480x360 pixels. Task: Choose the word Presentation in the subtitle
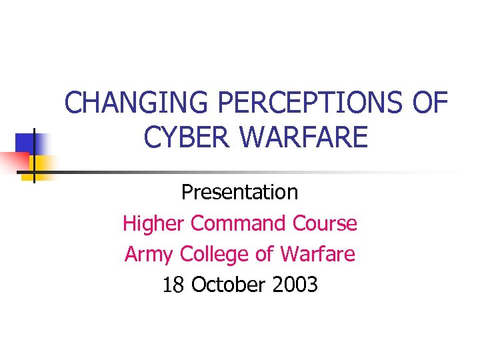click(x=240, y=193)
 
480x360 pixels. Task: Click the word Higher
click(x=154, y=223)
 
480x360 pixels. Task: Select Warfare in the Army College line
click(x=318, y=254)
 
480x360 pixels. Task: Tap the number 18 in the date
click(x=173, y=285)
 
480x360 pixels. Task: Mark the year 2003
click(x=295, y=285)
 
